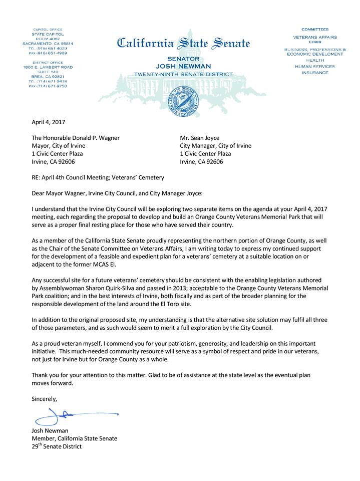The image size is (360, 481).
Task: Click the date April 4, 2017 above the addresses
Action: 48,122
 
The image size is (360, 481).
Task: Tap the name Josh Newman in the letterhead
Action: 183,66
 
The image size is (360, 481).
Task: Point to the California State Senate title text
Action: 183,43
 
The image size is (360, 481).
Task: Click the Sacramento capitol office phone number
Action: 48,48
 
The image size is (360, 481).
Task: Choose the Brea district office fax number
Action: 48,86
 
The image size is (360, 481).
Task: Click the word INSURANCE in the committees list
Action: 315,73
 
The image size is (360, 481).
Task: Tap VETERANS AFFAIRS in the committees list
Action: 315,37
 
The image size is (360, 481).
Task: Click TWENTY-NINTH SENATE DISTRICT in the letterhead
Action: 183,74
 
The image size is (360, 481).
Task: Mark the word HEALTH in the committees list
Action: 315,60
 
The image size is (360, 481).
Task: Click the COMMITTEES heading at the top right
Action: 315,30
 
